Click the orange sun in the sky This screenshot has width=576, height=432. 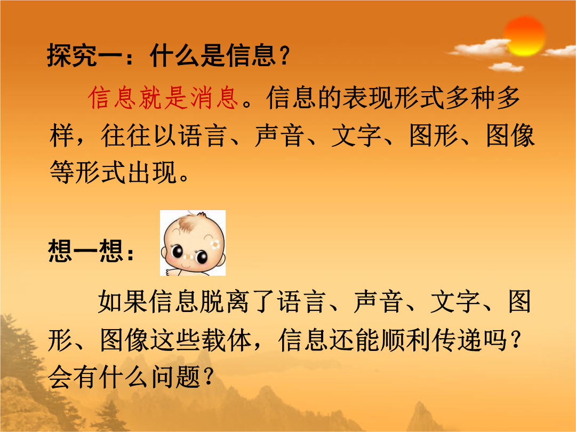525,36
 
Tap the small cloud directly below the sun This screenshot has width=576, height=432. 506,67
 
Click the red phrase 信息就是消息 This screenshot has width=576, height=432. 163,98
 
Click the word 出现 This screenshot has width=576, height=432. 152,172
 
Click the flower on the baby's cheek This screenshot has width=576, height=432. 215,244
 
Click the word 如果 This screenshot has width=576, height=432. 123,301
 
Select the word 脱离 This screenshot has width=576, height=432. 225,301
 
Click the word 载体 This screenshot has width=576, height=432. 226,339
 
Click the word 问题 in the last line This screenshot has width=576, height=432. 175,377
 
